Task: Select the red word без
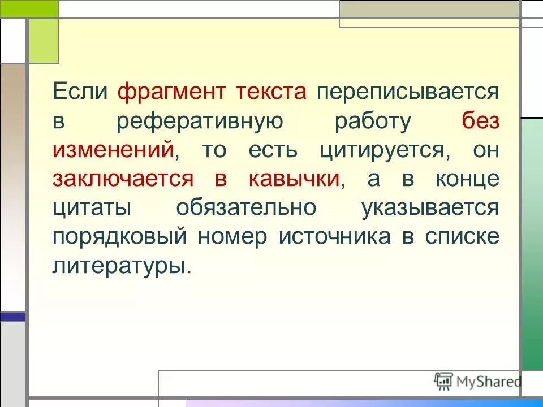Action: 480,122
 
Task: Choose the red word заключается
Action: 123,179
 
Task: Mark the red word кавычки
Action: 294,179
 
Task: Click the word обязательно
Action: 246,207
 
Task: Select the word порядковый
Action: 119,236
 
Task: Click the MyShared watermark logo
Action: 477,381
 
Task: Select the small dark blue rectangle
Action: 12,317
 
